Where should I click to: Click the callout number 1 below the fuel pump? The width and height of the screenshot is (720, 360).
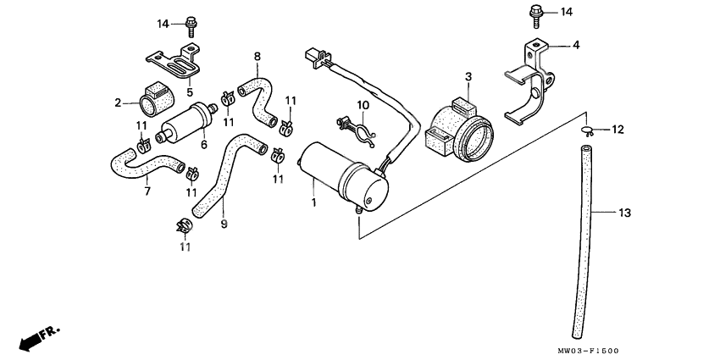point(314,203)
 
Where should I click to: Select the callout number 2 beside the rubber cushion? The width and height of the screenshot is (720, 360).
point(119,103)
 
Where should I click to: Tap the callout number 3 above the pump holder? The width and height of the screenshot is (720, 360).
point(467,77)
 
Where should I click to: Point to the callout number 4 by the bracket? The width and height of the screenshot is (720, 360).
point(575,44)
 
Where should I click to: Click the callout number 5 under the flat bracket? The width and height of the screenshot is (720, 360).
point(190,92)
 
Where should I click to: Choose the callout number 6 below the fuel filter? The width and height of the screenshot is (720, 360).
point(204,145)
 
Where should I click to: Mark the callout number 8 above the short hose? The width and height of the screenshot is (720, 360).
point(257,57)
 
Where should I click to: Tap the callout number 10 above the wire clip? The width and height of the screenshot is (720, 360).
point(362,105)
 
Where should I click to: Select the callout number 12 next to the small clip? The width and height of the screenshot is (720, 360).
point(618,130)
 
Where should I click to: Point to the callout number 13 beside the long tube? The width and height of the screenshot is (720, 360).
point(624,213)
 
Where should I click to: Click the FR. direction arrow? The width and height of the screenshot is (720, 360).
point(36,337)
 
